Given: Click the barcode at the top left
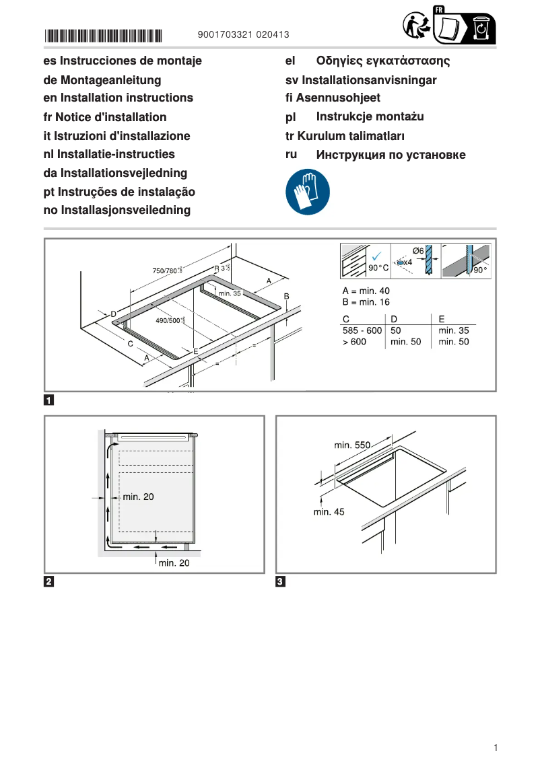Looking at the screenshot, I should [104, 35].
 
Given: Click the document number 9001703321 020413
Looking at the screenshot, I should [244, 34].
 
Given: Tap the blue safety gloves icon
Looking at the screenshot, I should [308, 191].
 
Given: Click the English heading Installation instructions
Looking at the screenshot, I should [118, 98].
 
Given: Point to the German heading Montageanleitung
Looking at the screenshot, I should [102, 80].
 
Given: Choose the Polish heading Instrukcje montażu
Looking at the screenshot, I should [370, 117].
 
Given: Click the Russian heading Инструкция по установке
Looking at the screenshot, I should [391, 155].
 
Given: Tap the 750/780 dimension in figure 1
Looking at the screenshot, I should [167, 270].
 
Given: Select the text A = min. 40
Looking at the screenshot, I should [366, 291].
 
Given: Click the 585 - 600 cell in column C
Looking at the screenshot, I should [362, 330].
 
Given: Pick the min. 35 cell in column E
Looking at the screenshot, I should [453, 330].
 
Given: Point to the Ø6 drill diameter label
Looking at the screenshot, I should [417, 251].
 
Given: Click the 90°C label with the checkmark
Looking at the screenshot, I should [378, 267].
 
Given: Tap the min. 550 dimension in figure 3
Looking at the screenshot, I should [352, 445].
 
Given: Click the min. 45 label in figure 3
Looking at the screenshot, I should [329, 512].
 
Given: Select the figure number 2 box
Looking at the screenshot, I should [49, 581].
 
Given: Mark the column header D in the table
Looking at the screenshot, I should [395, 319].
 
